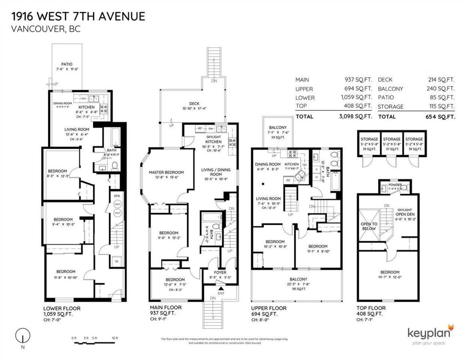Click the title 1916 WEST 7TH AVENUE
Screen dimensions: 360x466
click(78, 16)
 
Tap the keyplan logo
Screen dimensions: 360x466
click(430, 334)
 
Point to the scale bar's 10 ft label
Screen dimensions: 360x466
click(115, 338)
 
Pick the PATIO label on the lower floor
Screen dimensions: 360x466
click(67, 64)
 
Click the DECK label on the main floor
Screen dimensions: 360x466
click(194, 103)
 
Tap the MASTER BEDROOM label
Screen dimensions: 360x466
click(166, 172)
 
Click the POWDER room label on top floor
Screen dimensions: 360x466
click(390, 186)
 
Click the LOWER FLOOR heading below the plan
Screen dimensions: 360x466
click(62, 308)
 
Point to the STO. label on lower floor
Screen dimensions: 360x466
click(117, 196)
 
